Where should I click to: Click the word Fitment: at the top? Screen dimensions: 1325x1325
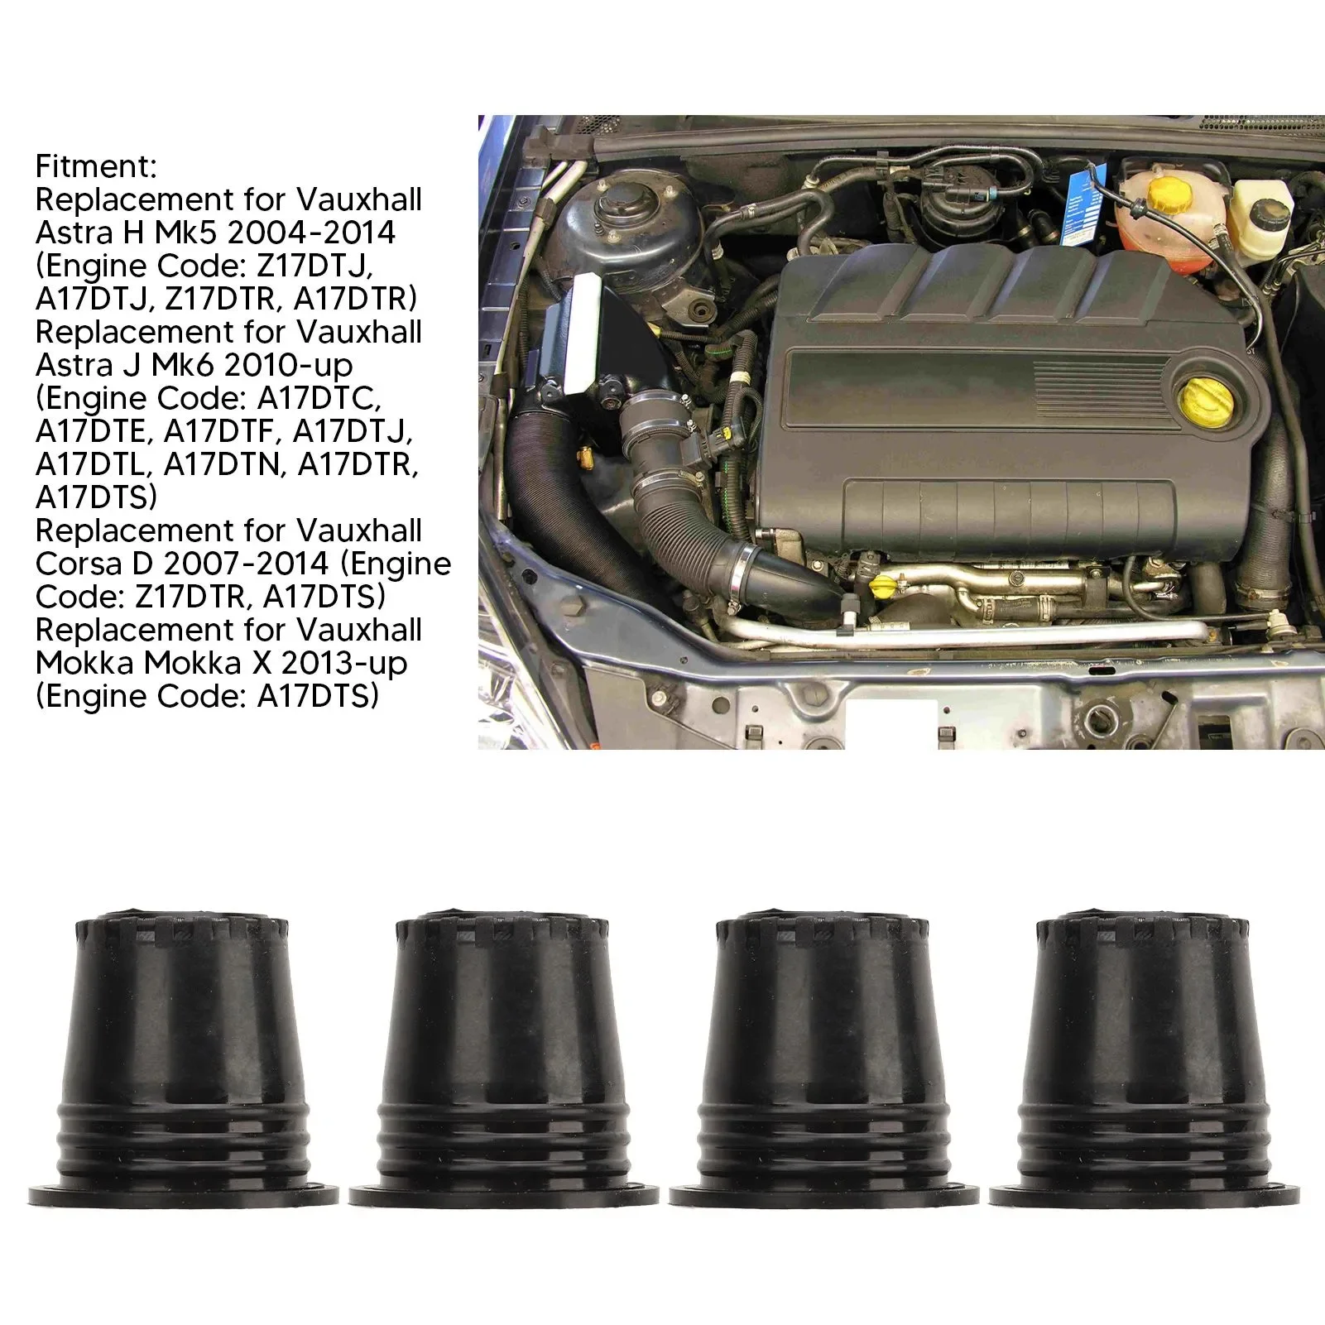click(96, 166)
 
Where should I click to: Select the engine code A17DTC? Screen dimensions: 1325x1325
click(319, 398)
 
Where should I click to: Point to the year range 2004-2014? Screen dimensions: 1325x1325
click(312, 233)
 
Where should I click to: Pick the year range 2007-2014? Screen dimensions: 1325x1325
click(247, 564)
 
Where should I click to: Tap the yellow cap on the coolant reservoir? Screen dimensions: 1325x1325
click(1168, 194)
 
